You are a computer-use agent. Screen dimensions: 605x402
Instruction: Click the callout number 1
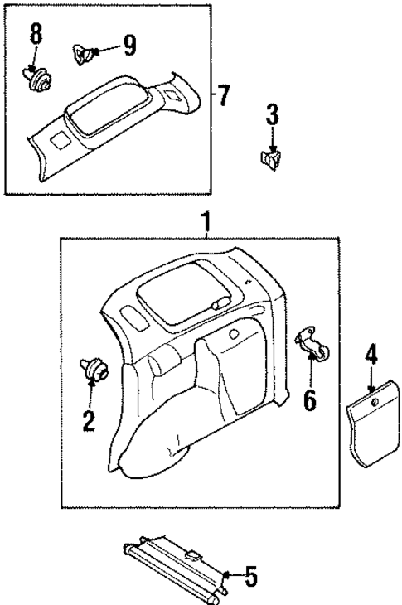click(x=205, y=222)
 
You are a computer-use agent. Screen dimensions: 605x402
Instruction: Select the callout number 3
click(x=273, y=115)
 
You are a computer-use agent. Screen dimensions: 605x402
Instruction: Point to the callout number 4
click(x=371, y=356)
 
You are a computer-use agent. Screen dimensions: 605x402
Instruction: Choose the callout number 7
click(x=222, y=94)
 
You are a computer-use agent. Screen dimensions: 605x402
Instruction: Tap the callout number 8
click(x=36, y=36)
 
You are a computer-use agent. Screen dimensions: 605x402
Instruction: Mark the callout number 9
click(x=128, y=46)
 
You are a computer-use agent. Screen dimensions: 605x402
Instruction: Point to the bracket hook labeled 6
click(x=312, y=343)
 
